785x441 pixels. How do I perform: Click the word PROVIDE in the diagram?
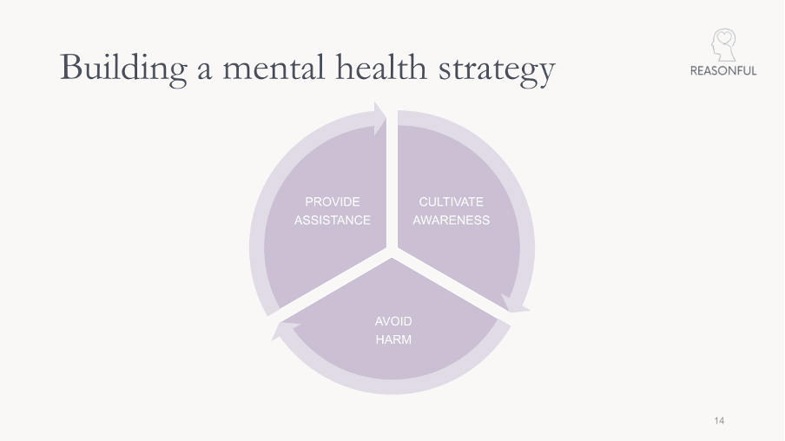tap(332, 201)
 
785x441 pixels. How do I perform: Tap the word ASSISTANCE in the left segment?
tap(332, 220)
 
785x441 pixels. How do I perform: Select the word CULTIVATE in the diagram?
tap(451, 201)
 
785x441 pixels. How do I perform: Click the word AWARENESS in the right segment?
tap(451, 220)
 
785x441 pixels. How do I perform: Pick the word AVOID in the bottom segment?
tap(393, 321)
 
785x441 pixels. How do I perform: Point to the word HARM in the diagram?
tap(393, 339)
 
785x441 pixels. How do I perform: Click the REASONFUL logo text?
tap(722, 71)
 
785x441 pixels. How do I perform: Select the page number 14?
tap(719, 421)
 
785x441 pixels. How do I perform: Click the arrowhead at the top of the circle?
tap(379, 118)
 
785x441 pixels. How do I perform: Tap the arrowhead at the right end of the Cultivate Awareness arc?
tap(516, 304)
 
